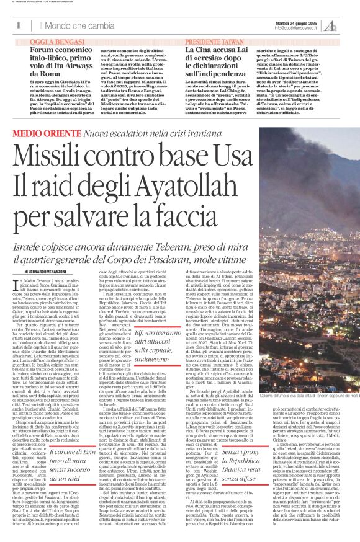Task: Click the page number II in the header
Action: [19, 25]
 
